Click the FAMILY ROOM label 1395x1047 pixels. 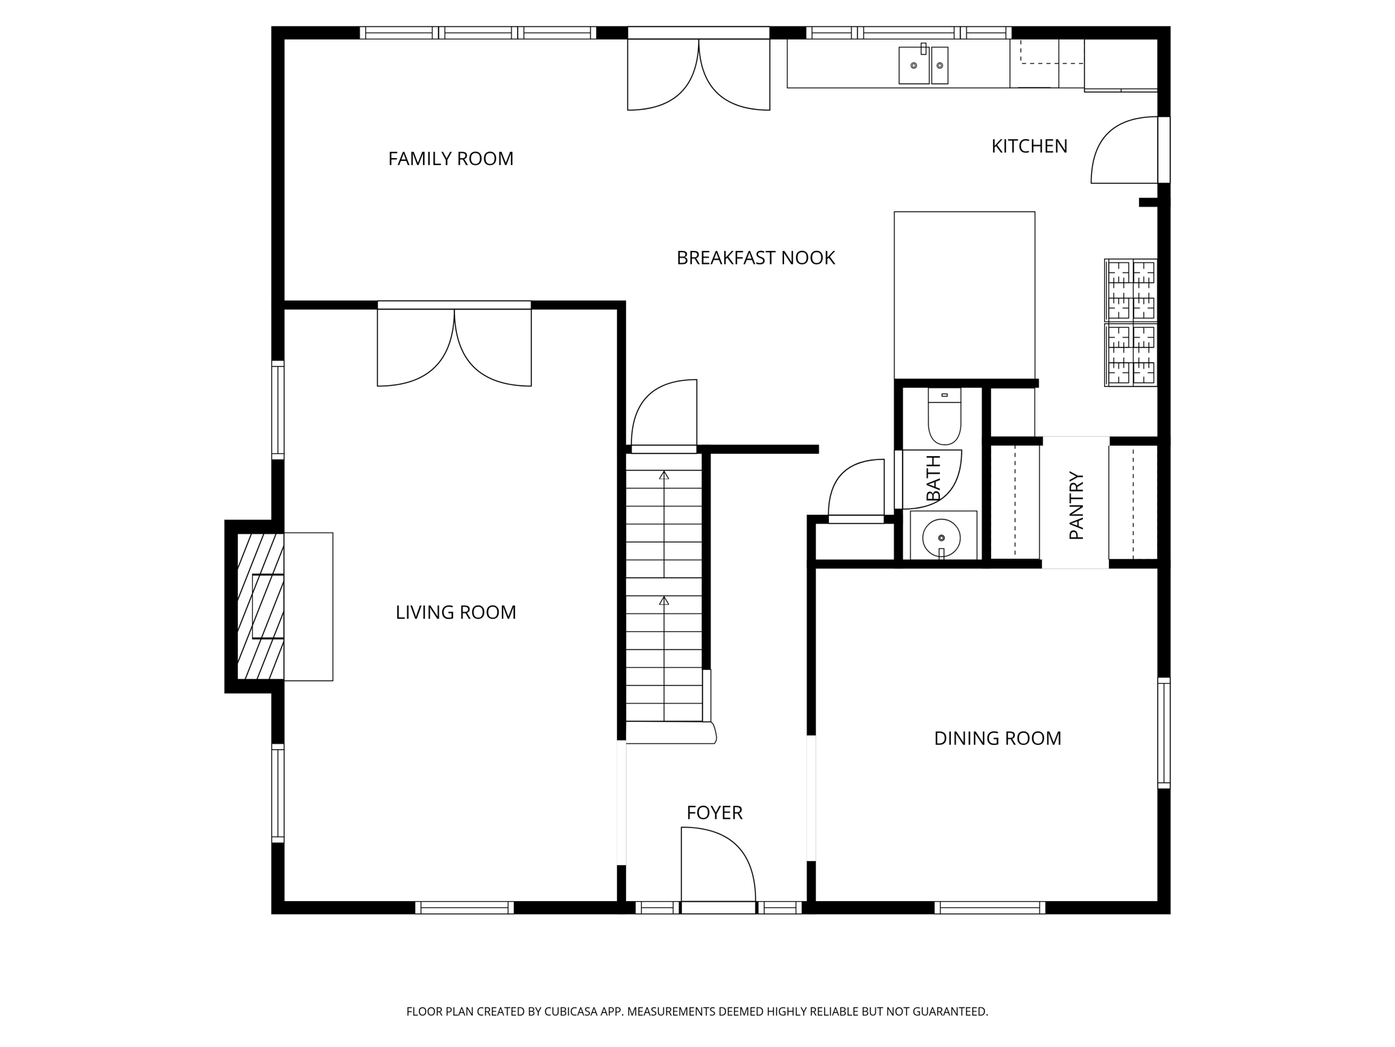[451, 159]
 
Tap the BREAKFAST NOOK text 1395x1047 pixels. [755, 258]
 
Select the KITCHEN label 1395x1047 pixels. [1029, 147]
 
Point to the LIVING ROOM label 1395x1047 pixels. [456, 613]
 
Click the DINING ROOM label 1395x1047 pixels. [997, 738]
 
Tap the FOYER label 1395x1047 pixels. [714, 813]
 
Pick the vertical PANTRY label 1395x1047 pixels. [1076, 506]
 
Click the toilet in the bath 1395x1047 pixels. [944, 416]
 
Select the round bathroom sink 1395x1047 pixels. [941, 538]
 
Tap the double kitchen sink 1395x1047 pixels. [923, 65]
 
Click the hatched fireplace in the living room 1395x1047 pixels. [260, 606]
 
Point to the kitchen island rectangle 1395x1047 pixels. [964, 295]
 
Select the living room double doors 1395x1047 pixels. [454, 344]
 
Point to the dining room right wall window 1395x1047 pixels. [1164, 733]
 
